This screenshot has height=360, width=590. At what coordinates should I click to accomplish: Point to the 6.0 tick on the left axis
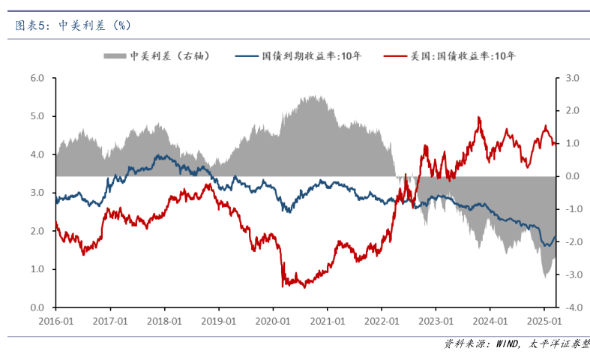37,78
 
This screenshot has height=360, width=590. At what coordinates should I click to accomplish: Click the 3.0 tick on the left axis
37,193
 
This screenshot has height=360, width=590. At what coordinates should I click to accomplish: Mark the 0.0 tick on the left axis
37,307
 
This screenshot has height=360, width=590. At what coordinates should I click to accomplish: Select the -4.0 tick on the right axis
573,307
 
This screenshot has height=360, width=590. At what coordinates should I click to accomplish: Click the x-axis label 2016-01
56,320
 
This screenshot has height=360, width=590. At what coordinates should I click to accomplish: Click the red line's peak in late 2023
478,117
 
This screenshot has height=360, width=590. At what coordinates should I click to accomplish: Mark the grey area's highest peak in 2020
313,96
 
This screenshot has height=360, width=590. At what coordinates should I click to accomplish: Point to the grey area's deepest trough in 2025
544,278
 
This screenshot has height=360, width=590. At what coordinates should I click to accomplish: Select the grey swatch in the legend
115,56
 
